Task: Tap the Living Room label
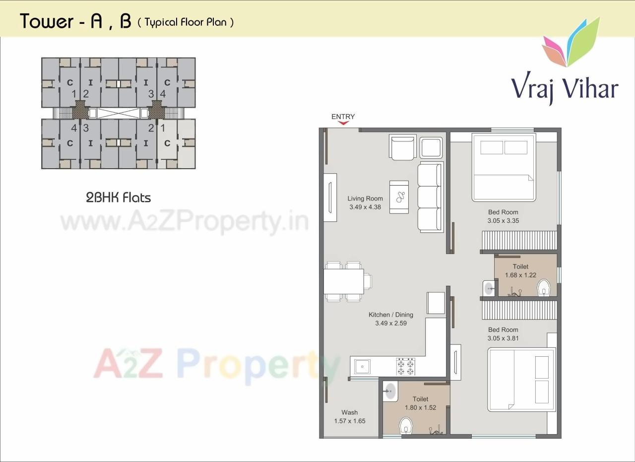(365, 198)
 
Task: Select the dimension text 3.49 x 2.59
(391, 323)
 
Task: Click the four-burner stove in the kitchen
(405, 366)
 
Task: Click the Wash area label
(349, 412)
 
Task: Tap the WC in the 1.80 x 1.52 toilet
(406, 425)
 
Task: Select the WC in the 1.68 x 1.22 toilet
(545, 287)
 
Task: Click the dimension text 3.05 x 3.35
(503, 221)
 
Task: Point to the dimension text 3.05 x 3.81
(503, 338)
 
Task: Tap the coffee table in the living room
(399, 197)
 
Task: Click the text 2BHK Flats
(118, 198)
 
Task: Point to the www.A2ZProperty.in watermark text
(184, 222)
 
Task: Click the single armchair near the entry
(402, 148)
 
